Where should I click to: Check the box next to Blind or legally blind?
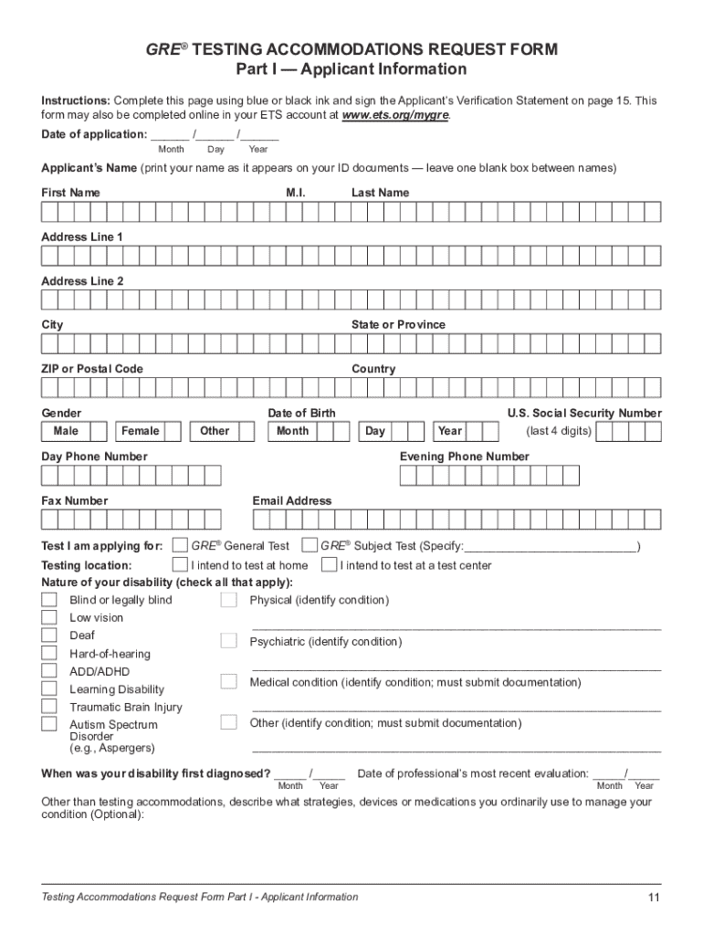(x=48, y=600)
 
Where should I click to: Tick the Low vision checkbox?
(x=48, y=618)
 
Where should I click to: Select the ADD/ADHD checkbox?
(x=48, y=671)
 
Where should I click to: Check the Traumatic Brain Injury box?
(x=48, y=707)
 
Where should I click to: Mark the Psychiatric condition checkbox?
(x=228, y=642)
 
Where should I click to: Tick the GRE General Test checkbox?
(x=181, y=546)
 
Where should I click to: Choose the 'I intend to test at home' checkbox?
(x=181, y=565)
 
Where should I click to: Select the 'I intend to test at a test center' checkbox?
(x=330, y=565)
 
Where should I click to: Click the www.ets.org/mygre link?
(x=395, y=116)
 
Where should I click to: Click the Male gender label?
(x=66, y=431)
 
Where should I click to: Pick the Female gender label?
(x=140, y=431)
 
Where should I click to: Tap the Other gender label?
(x=215, y=431)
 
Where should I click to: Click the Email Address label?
(x=292, y=500)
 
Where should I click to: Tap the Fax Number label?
(x=74, y=500)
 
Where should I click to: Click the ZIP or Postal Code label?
(x=92, y=369)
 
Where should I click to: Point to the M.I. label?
(x=296, y=193)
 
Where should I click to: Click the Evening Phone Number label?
(x=464, y=457)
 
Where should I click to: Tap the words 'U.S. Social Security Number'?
(x=584, y=413)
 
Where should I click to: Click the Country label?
(x=373, y=369)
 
